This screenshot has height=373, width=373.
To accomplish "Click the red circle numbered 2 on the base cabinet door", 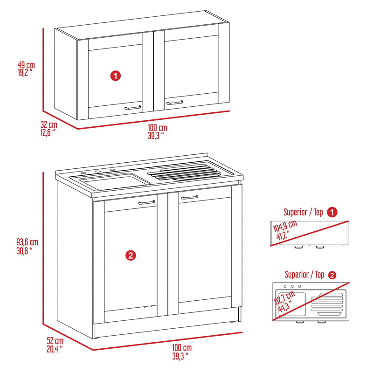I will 131,255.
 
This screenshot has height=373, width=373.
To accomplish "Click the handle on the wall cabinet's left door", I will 133,108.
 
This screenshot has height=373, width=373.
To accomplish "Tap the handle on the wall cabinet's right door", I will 175,102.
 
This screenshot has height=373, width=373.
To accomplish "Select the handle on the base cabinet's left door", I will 147,202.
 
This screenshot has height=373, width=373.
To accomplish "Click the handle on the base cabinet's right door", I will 190,198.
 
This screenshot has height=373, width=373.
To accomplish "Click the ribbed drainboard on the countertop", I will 184,172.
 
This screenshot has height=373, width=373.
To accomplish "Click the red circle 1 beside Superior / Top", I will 332,212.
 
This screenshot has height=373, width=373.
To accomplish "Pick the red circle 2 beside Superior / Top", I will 332,275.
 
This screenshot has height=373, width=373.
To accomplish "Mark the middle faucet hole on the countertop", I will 98,172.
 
